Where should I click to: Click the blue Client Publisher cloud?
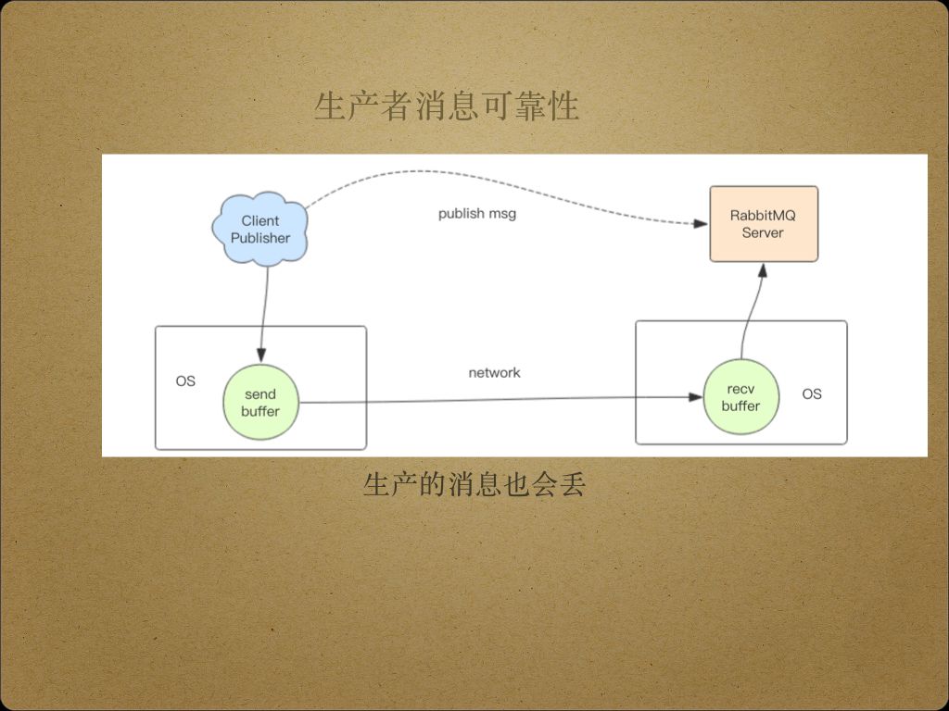coord(259,230)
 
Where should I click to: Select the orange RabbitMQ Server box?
coord(763,224)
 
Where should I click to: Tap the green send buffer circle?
coord(260,403)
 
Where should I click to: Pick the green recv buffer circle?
coord(740,397)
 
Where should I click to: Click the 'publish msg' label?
coord(477,214)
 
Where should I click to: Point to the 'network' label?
coord(494,373)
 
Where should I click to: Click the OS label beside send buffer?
coord(185,381)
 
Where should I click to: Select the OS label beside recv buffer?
coord(812,394)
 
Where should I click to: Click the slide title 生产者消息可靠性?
coord(447,107)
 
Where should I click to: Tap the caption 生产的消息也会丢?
coord(474,484)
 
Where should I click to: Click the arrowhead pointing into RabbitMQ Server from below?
coord(763,268)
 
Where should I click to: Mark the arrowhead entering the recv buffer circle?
coord(696,397)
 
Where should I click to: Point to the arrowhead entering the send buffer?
coord(261,356)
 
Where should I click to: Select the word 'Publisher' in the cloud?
coord(260,238)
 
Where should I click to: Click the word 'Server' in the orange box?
coord(763,232)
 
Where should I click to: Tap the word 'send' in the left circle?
coord(260,394)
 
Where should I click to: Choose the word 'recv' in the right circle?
coord(740,389)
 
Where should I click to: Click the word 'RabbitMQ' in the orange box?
coord(763,216)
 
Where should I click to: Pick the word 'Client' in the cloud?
coord(260,221)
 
